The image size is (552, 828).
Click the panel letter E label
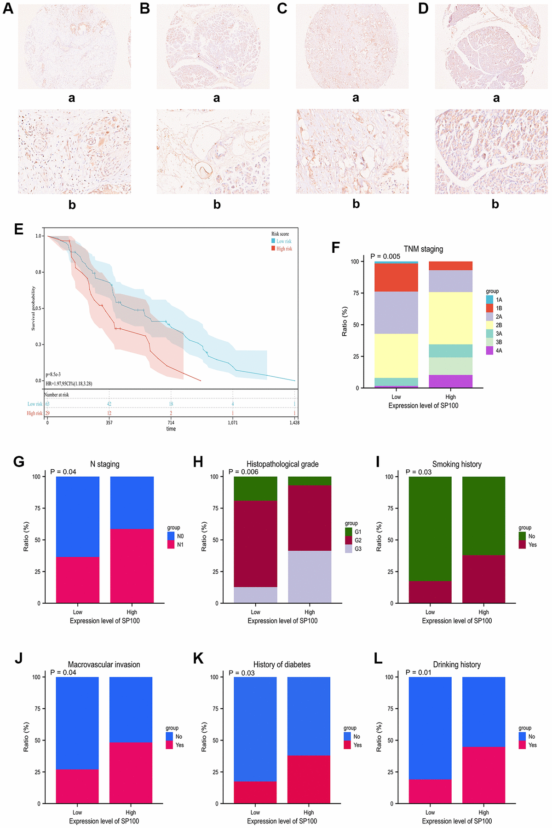(x=18, y=229)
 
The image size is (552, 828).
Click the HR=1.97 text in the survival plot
(x=69, y=384)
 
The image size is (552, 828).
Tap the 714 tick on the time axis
(x=171, y=422)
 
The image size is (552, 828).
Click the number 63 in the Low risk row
(x=47, y=404)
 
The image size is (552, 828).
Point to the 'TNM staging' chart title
(x=423, y=249)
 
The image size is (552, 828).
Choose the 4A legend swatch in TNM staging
(x=489, y=350)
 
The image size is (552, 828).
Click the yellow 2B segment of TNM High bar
(x=450, y=318)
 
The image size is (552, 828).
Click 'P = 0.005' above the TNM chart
(x=385, y=257)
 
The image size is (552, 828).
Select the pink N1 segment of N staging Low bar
(x=77, y=580)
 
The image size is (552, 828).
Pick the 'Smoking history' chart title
(x=457, y=464)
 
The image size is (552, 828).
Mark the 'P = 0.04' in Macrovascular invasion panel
(x=63, y=672)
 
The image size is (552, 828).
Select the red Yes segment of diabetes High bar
(x=309, y=779)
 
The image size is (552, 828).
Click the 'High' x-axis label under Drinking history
(x=483, y=812)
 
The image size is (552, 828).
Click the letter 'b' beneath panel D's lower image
(x=495, y=204)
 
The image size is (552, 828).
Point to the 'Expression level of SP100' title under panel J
(x=104, y=821)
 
